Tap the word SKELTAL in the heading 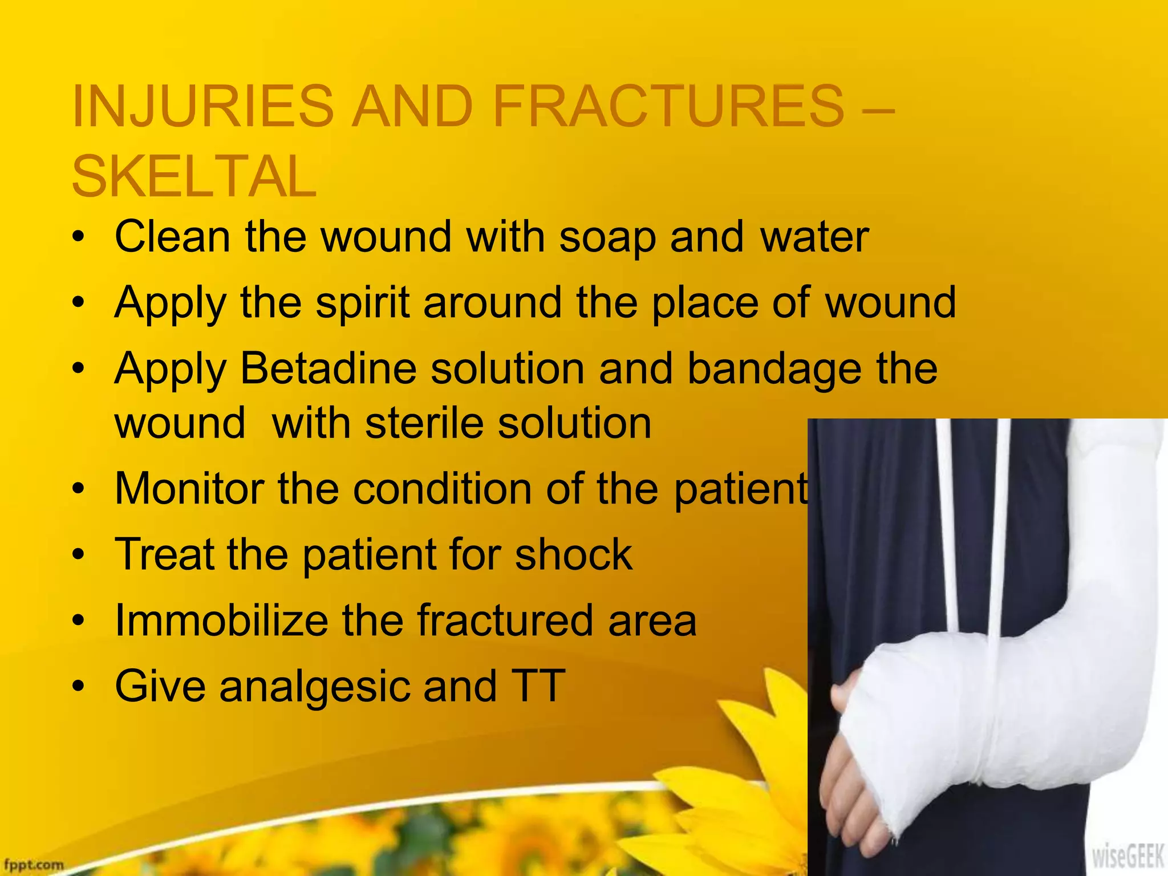(194, 176)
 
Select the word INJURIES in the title (202, 106)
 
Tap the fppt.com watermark (32, 865)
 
